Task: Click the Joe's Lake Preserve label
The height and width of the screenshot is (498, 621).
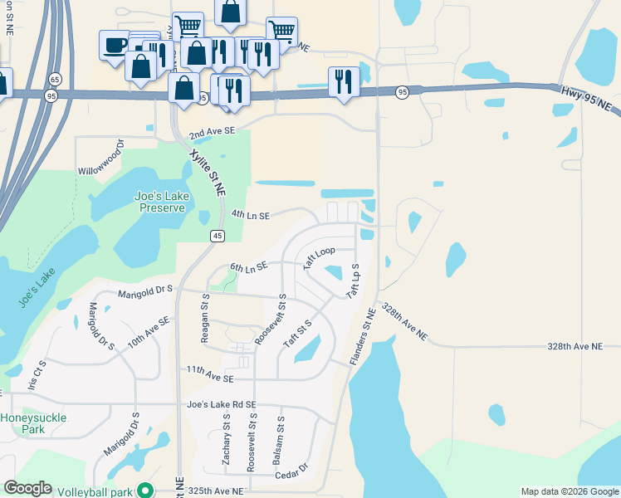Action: click(x=161, y=202)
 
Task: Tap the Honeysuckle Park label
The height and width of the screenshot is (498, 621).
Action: click(x=34, y=423)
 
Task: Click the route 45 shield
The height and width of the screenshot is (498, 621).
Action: click(x=217, y=237)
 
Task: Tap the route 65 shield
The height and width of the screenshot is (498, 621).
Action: click(x=55, y=79)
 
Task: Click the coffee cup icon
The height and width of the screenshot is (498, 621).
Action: click(x=115, y=45)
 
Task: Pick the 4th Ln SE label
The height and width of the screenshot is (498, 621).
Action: click(x=251, y=215)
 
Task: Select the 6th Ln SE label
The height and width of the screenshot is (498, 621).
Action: click(x=248, y=267)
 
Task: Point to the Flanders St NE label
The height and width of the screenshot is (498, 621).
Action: click(x=364, y=335)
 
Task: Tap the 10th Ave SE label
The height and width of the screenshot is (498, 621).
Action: click(x=149, y=331)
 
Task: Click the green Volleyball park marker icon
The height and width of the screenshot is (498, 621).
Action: click(x=147, y=491)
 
